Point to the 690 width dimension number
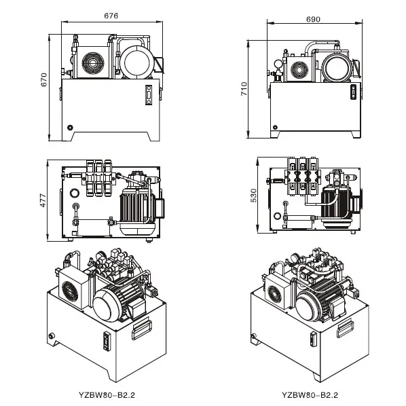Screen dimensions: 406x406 313,20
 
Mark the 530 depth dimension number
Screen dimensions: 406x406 253,196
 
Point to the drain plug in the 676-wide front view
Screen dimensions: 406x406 69,126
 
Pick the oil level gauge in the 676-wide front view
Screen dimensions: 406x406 148,96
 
